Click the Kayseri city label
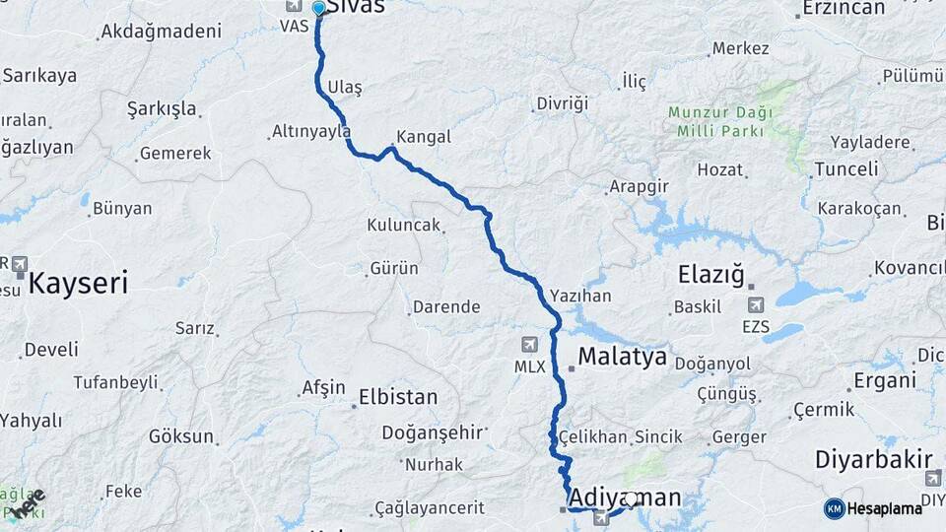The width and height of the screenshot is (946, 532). (x=79, y=284)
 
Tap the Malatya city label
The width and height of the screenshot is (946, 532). (x=623, y=356)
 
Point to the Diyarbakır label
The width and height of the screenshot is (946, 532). (x=873, y=459)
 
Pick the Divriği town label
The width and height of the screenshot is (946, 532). (x=562, y=103)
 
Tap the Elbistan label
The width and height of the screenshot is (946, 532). (x=398, y=397)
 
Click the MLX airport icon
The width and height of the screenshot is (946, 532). (x=529, y=345)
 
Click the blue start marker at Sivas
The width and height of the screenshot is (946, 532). (x=318, y=9)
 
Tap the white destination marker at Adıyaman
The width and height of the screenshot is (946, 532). (x=631, y=499)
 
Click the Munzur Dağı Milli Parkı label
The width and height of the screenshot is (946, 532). (x=719, y=120)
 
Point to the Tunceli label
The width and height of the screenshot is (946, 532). (x=846, y=168)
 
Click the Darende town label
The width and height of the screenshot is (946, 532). (x=446, y=307)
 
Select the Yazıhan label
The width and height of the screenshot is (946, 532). (x=580, y=296)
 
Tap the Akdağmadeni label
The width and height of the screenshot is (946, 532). (x=161, y=32)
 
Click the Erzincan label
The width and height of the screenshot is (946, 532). (x=845, y=9)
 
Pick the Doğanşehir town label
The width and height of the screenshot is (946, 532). (x=432, y=432)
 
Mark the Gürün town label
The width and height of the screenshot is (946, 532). (x=394, y=268)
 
